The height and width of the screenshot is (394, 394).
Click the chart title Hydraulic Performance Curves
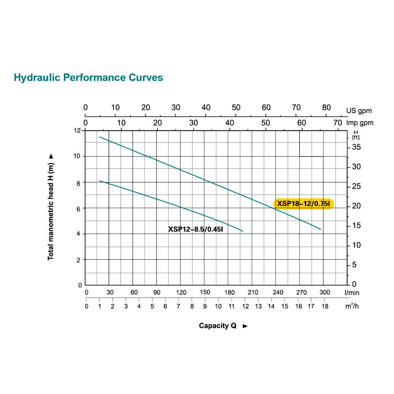[x=88, y=77]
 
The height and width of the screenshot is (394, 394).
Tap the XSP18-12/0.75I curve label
[x=303, y=204]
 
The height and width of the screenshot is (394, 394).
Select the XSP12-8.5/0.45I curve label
[x=196, y=229]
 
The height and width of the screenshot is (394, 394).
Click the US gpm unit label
[x=359, y=111]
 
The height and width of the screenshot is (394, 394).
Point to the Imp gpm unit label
[x=360, y=123]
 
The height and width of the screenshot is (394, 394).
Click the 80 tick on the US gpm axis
[x=326, y=108]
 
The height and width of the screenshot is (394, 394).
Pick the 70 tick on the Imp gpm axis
[x=338, y=122]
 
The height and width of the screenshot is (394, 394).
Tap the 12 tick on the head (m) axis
[x=77, y=130]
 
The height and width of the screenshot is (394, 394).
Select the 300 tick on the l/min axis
[x=325, y=292]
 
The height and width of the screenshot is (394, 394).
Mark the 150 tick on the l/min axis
[x=205, y=292]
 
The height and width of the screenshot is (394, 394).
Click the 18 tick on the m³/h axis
[x=325, y=306]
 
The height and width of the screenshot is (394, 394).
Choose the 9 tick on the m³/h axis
[x=205, y=306]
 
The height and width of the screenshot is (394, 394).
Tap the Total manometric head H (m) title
[x=50, y=206]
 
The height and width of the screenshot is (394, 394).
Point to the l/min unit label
[x=352, y=293]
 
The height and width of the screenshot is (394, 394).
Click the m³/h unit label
[x=352, y=306]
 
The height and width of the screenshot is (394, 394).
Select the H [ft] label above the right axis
[x=356, y=135]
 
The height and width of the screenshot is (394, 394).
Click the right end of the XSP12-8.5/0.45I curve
[x=242, y=231]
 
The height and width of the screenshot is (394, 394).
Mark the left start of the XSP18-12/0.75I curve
[x=100, y=137]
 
